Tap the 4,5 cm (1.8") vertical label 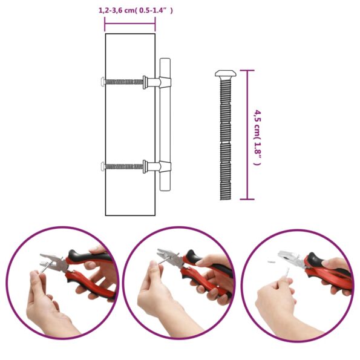click(257, 138)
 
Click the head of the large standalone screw click(226, 73)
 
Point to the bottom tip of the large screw click(226, 199)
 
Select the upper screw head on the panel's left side click(103, 82)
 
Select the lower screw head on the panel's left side click(103, 166)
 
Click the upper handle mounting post click(157, 82)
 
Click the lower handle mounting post click(157, 166)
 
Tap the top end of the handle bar click(165, 59)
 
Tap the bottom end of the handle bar click(165, 190)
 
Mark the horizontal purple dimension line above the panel click(130, 24)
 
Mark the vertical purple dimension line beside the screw click(247, 135)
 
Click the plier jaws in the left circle click(51, 261)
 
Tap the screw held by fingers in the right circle click(286, 273)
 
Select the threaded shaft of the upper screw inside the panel click(124, 82)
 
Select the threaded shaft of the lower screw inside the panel click(124, 166)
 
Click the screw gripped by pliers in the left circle click(45, 268)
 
